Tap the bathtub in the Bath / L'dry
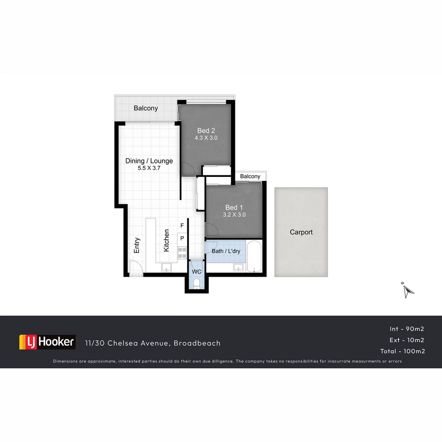pyautogui.click(x=254, y=257)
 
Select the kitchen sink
pyautogui.click(x=167, y=268)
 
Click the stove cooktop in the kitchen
pyautogui.click(x=182, y=253)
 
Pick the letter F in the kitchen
pyautogui.click(x=182, y=226)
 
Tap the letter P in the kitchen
pyautogui.click(x=182, y=238)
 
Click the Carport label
pyautogui.click(x=301, y=232)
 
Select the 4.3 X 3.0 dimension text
pyautogui.click(x=206, y=138)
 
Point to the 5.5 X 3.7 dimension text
pyautogui.click(x=149, y=168)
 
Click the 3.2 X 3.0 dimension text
pyautogui.click(x=234, y=214)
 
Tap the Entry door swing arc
pyautogui.click(x=137, y=268)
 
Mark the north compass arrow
pyautogui.click(x=408, y=291)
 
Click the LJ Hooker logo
pyautogui.click(x=47, y=342)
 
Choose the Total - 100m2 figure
pyautogui.click(x=403, y=351)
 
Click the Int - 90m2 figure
pyautogui.click(x=407, y=329)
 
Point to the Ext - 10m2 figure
pyautogui.click(x=407, y=340)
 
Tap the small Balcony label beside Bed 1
pyautogui.click(x=250, y=176)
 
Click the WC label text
pyautogui.click(x=196, y=272)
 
